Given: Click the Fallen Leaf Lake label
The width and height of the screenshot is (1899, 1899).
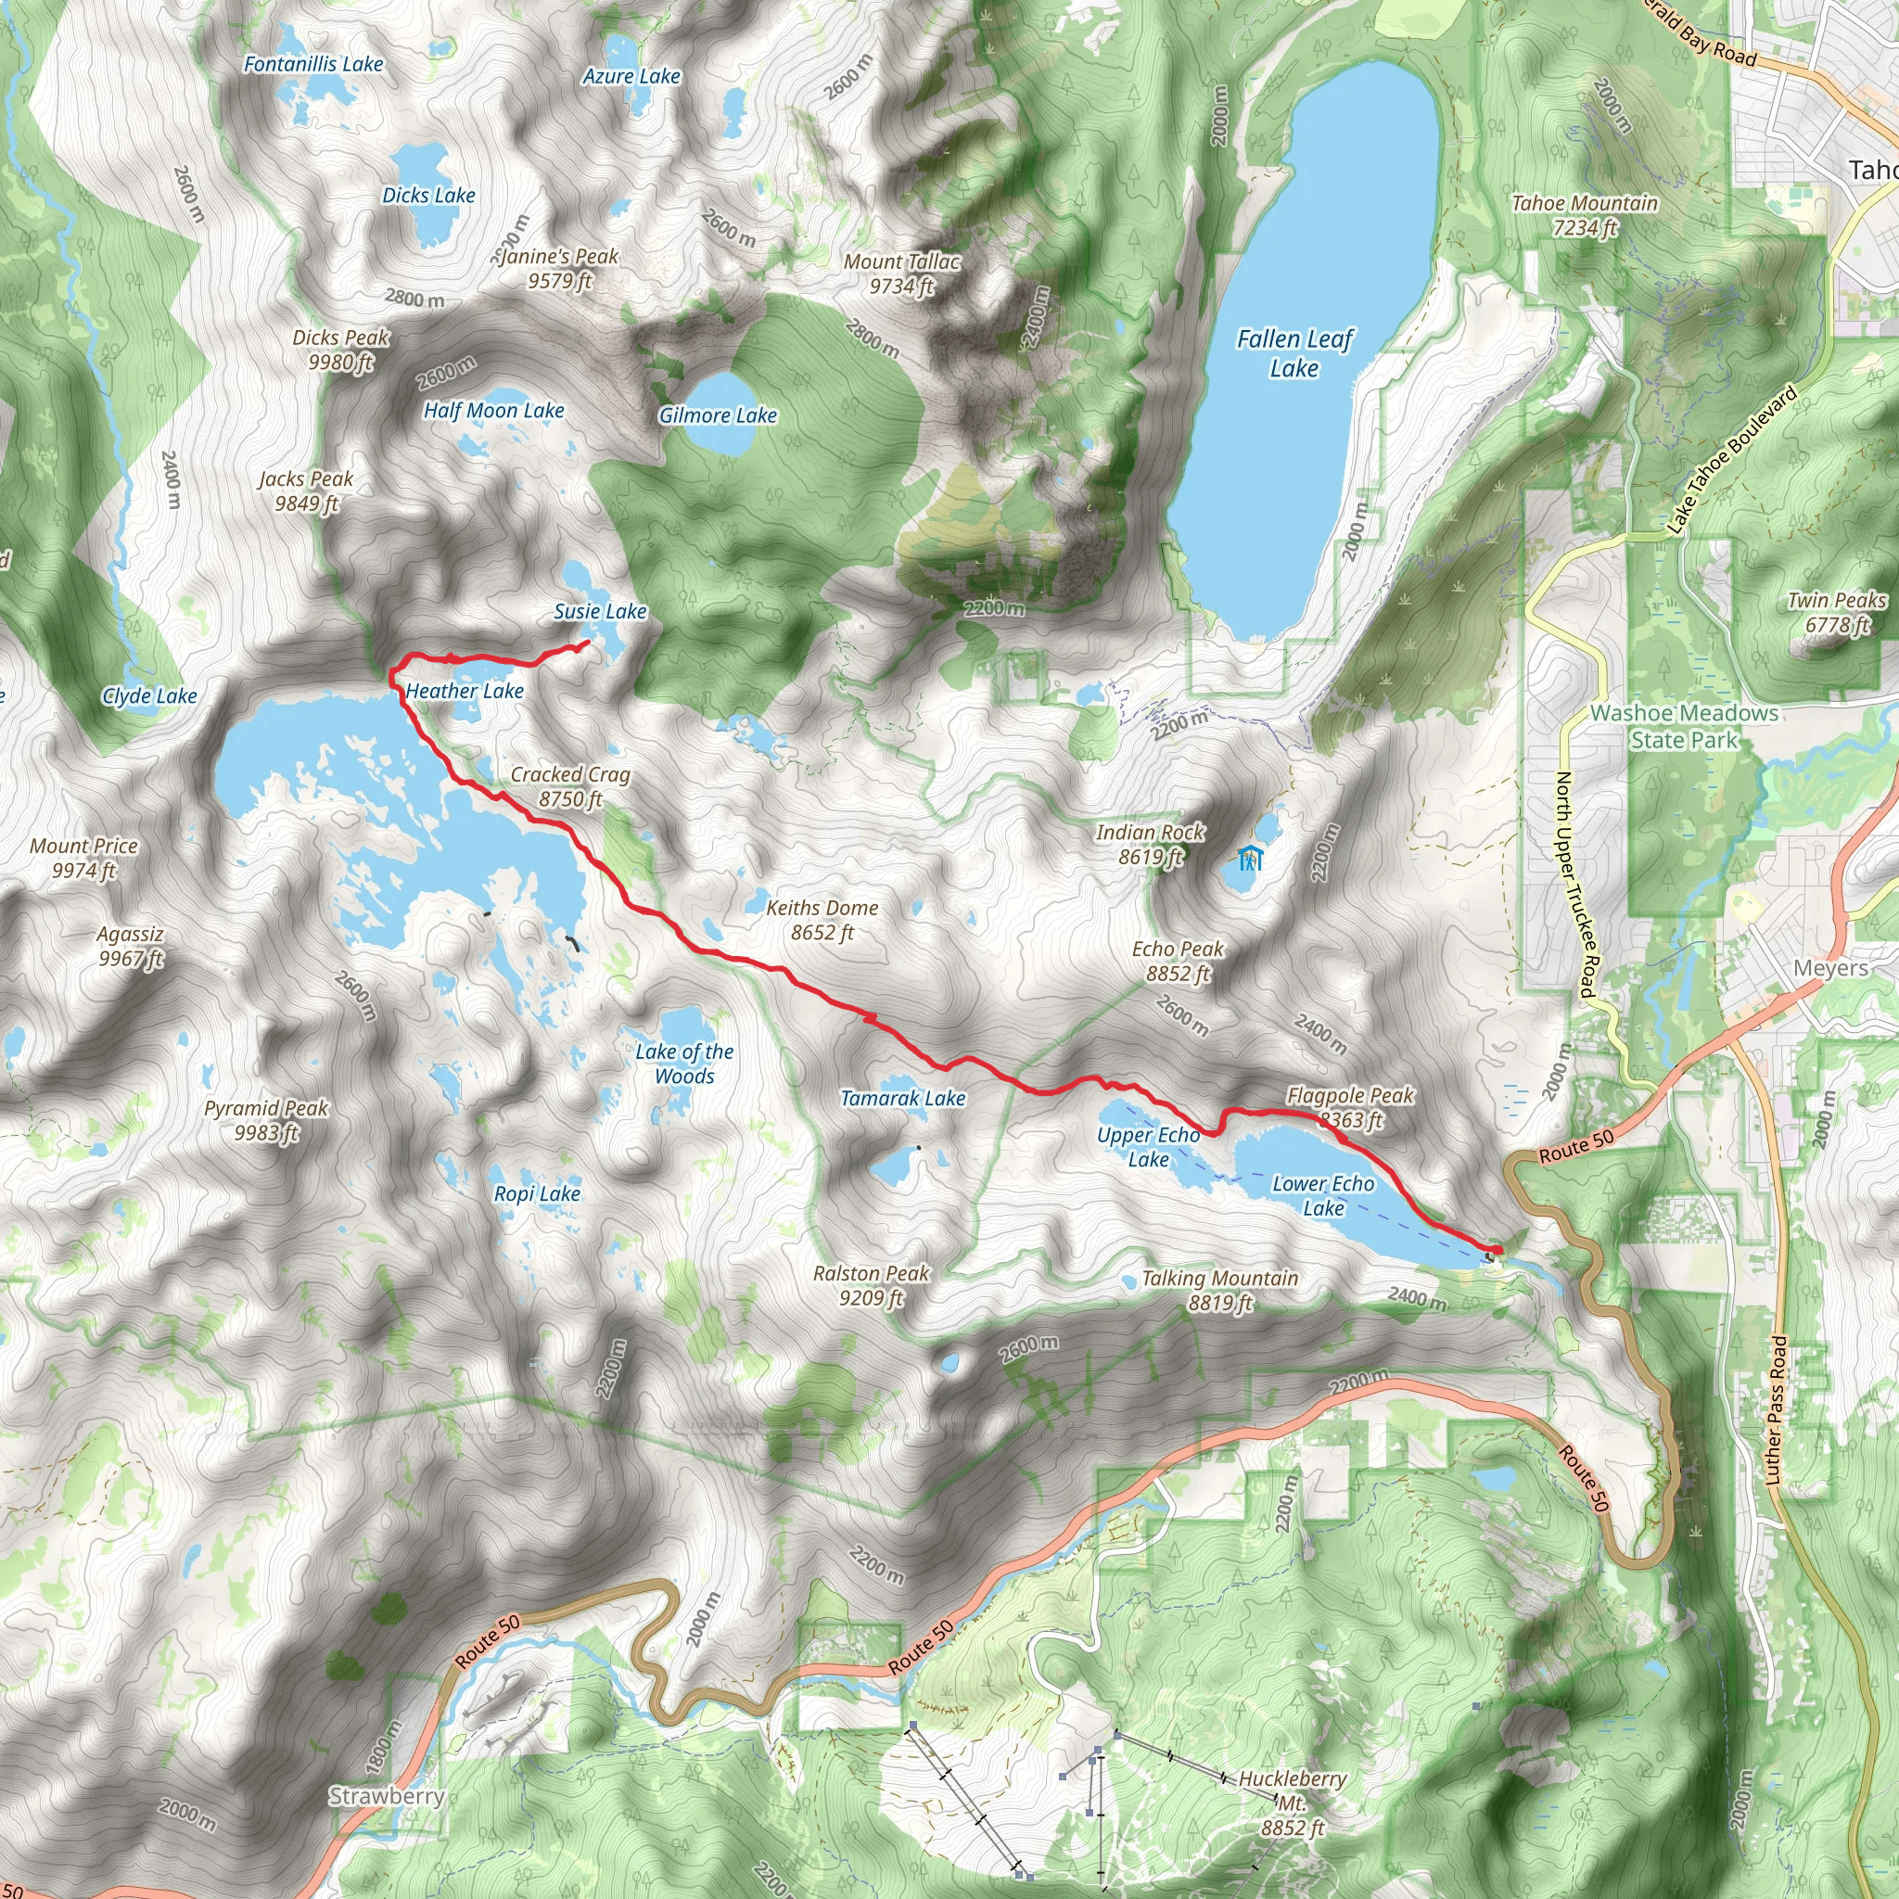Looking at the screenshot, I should coord(1294,354).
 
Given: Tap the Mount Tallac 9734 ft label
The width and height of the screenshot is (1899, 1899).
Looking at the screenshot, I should coord(901,274).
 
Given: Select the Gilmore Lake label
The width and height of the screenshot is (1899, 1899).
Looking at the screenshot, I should coord(718,415).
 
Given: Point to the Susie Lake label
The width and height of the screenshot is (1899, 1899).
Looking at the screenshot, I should coord(600,611).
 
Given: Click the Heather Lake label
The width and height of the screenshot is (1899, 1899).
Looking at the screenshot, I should coord(464,691).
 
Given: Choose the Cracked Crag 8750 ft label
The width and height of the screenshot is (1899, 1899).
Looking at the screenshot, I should coord(570,786).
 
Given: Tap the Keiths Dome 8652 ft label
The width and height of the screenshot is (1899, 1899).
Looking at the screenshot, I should coord(822,920).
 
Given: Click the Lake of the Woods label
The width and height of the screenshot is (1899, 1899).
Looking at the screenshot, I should coord(684,1064).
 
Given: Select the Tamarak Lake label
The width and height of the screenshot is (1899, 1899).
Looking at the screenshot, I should coord(902,1098).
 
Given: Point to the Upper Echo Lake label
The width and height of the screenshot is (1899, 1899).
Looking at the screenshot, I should coord(1148,1147).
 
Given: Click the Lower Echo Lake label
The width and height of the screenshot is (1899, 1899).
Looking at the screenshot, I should coord(1323,1195).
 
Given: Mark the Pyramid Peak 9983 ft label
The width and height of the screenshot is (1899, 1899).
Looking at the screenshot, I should coord(265,1120).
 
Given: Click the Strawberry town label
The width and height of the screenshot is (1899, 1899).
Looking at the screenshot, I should coord(387,1796).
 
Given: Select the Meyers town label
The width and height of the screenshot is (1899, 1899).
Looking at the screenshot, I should coord(1830,968).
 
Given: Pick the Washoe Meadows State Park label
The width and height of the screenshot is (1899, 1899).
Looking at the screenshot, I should coord(1684,726).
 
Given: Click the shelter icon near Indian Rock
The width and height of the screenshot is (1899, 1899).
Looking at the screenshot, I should coord(1249,858).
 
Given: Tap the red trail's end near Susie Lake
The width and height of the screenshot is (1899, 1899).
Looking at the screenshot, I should coord(587,643).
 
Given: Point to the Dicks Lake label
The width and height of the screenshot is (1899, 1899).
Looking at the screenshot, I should coord(428,196).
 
